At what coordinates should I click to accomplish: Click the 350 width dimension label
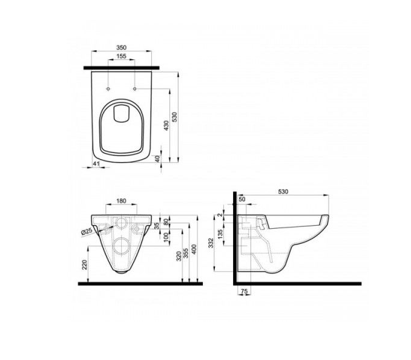[121, 48]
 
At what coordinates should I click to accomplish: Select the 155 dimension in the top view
[121, 56]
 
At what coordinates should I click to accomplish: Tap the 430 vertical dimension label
[166, 125]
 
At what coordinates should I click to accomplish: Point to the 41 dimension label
[96, 163]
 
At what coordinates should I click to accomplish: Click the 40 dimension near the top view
[157, 159]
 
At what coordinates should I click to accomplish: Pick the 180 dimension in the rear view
[121, 201]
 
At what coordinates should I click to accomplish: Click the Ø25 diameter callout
[87, 231]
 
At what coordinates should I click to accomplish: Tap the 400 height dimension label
[194, 249]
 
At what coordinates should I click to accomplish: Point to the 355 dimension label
[186, 254]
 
